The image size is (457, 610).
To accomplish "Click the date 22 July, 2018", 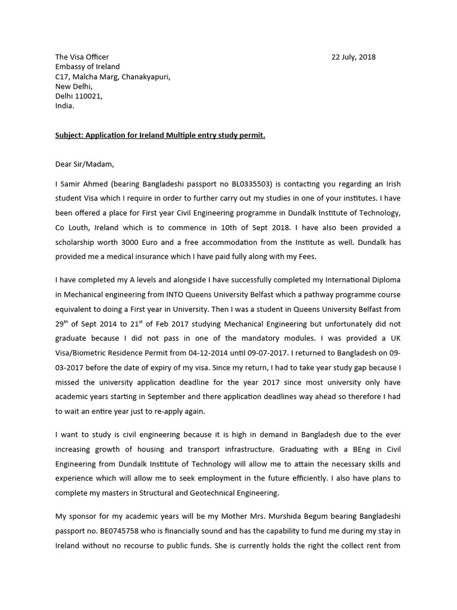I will [x=353, y=57].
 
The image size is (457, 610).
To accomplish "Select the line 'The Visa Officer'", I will [x=82, y=57].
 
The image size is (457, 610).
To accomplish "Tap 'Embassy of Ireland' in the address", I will [x=87, y=67].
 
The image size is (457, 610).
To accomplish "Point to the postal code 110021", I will [x=89, y=96].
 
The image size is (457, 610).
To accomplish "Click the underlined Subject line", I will [x=160, y=135].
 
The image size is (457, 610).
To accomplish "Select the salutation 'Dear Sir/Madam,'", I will [x=84, y=164].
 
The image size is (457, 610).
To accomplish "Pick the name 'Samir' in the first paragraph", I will [x=71, y=185].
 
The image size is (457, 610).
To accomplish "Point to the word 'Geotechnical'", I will [x=226, y=493].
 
